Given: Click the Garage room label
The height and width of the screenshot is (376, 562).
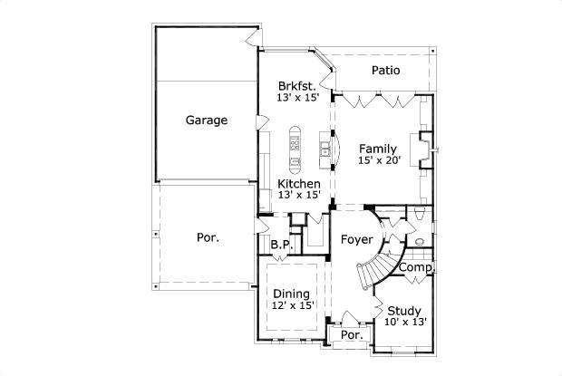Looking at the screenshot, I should click(x=207, y=120).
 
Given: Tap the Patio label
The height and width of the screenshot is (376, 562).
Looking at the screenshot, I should click(x=387, y=71).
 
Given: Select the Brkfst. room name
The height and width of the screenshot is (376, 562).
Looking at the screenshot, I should click(x=297, y=86).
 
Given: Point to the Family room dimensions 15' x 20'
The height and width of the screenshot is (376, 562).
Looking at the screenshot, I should click(x=379, y=160).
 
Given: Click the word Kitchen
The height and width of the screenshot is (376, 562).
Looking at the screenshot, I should click(x=298, y=183).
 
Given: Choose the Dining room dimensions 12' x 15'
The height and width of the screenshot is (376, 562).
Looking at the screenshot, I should click(x=291, y=306).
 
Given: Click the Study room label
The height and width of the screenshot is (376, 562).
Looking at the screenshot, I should click(x=404, y=310).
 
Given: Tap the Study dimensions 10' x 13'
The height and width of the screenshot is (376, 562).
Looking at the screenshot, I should click(x=404, y=322).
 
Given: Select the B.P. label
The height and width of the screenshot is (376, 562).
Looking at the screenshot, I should click(x=280, y=245).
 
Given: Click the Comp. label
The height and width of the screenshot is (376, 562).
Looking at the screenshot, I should click(x=415, y=268).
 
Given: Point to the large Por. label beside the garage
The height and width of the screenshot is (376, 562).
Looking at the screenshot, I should click(x=208, y=238).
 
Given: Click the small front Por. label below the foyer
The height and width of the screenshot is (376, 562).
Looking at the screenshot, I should click(x=351, y=335).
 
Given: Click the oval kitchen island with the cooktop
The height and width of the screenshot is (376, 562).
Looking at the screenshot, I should click(x=296, y=148).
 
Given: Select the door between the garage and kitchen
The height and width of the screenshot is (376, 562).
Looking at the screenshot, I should click(x=259, y=122).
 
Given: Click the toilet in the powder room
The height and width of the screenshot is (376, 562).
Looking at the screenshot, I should click(x=419, y=214).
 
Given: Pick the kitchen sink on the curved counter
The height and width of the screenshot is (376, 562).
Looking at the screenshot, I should click(x=323, y=147).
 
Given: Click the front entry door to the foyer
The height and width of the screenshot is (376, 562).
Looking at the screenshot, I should click(x=350, y=318).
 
